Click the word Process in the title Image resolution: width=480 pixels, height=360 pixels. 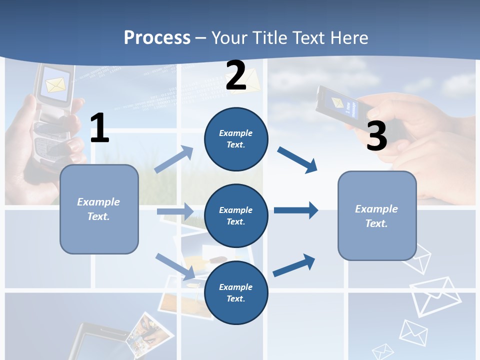coord(157,37)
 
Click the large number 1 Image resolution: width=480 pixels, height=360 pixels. coord(99,128)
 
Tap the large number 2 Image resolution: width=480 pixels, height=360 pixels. coord(236,75)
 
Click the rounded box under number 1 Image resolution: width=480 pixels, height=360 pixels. coord(99,209)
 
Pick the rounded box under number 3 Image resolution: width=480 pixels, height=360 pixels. coord(377,216)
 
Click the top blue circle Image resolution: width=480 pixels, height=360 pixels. coord(236,139)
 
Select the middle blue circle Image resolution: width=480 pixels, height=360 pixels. coord(236,216)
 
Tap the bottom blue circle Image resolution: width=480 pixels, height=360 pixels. coord(236,292)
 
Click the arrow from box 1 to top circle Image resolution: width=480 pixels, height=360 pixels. coord(174,159)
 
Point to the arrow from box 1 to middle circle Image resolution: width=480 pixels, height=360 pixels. coord(174,211)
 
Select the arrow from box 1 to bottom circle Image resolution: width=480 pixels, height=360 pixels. coord(175,266)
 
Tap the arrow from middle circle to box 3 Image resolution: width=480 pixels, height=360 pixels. coord(296,210)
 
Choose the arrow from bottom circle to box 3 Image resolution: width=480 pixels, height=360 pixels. coord(294,265)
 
